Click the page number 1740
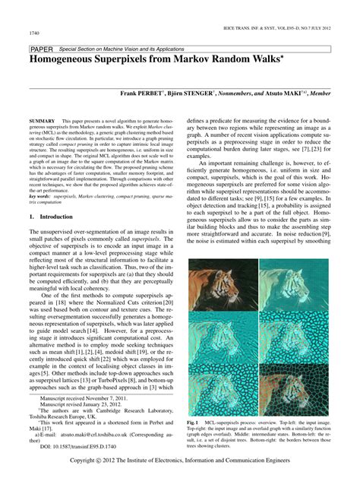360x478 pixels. click(34, 33)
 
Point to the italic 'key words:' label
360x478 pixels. click(40, 196)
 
